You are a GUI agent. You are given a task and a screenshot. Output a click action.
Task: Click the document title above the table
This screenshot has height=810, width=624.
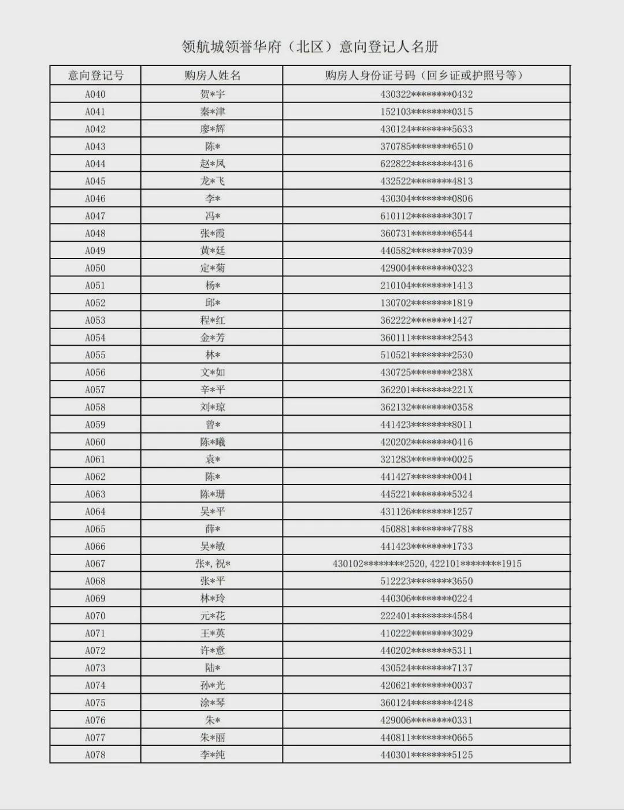coord(310,47)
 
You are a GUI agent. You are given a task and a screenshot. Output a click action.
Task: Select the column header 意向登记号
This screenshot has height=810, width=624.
coord(95,75)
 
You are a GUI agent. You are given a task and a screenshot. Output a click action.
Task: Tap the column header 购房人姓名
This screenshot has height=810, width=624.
coord(212,75)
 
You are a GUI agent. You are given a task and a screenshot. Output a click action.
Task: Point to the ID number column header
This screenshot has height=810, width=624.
coord(426,75)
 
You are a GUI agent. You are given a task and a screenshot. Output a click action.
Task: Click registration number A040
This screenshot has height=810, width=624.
coord(95,94)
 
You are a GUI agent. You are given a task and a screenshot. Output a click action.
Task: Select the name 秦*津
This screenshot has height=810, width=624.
coord(212,112)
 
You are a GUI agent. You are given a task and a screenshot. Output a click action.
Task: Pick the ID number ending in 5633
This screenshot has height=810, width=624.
coord(426,129)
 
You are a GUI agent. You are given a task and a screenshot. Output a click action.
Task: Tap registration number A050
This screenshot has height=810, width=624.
coord(95,268)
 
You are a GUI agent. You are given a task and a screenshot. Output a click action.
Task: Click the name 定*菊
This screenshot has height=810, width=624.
coord(212,268)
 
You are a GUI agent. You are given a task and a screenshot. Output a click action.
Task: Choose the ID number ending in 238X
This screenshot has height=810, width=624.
coord(426,372)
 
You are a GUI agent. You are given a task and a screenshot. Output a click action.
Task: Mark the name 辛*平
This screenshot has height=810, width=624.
coord(212,390)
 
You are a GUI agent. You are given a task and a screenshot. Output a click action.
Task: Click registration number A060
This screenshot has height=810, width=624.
coord(95,442)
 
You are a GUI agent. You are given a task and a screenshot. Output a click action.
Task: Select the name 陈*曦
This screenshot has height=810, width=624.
coord(212,442)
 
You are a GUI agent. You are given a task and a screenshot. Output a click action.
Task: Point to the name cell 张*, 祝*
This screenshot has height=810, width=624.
coord(212,564)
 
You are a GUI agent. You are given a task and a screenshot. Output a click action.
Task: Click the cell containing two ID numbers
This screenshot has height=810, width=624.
coord(426,564)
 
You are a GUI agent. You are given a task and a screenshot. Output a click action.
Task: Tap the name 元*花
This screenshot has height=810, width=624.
coord(212,616)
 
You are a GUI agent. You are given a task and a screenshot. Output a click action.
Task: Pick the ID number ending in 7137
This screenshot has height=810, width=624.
coord(426,668)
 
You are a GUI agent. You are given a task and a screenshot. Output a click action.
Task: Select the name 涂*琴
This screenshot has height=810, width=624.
coord(212,703)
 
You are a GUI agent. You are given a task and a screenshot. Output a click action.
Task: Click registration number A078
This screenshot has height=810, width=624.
coord(95,755)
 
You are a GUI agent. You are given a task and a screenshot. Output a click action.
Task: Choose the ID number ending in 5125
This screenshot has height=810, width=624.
coord(426,755)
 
